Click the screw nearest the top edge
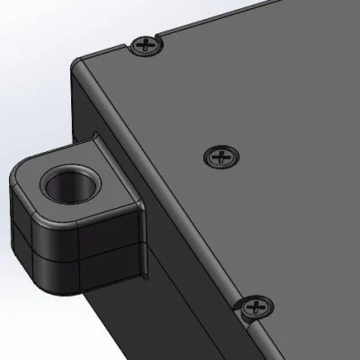(145, 45)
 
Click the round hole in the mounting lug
(67, 185)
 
